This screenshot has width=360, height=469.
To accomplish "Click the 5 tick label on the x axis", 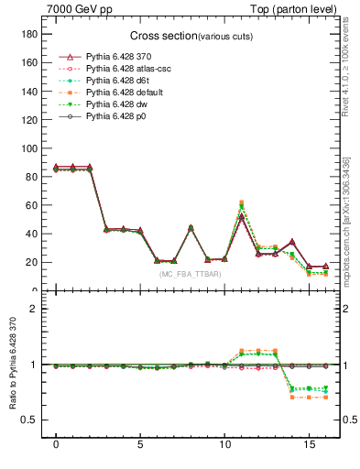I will [140, 453].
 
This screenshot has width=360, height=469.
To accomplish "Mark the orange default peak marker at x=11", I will [241, 202].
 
